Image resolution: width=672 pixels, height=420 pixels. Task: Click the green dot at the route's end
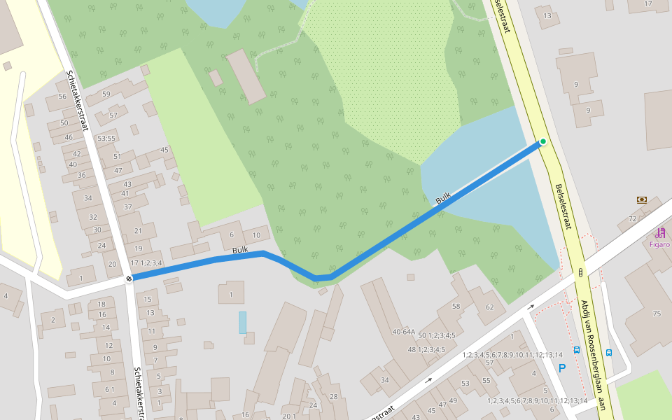click(x=542, y=142)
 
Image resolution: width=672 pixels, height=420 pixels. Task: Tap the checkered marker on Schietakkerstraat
click(x=129, y=279)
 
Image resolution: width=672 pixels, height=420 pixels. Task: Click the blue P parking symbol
click(x=561, y=367)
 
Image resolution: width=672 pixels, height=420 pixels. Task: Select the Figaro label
click(x=659, y=244)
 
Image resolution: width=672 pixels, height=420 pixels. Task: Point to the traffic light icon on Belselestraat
click(x=580, y=273)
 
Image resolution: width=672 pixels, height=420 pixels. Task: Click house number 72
click(x=632, y=219)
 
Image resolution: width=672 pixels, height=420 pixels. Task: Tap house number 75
click(x=656, y=314)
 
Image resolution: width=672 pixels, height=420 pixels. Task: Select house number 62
click(x=490, y=307)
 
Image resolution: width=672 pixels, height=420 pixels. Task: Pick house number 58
click(x=456, y=306)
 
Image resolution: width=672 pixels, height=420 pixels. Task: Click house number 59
click(x=106, y=94)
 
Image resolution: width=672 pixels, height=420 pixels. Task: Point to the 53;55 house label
click(x=106, y=139)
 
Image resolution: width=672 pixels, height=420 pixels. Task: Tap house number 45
click(x=164, y=150)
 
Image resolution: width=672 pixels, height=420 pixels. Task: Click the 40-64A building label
click(x=403, y=332)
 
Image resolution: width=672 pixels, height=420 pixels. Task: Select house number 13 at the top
click(x=547, y=15)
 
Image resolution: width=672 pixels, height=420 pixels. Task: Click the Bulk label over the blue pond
click(x=442, y=199)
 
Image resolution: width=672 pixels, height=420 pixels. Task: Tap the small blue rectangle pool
click(x=242, y=322)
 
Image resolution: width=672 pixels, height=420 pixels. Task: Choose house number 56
click(x=63, y=97)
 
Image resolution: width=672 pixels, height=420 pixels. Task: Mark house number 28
click(x=334, y=397)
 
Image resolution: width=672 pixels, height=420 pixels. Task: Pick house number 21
click(x=138, y=231)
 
